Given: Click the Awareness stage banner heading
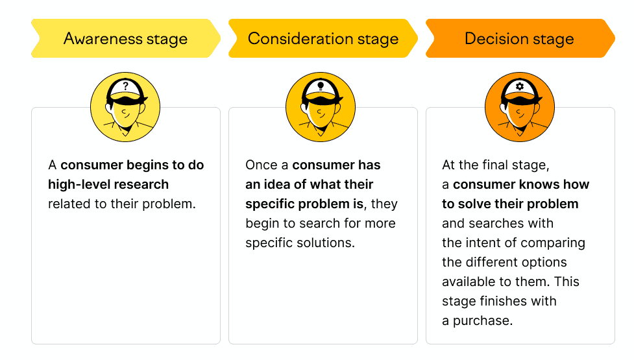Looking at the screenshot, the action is click(x=125, y=39).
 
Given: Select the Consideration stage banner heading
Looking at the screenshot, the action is click(x=323, y=39).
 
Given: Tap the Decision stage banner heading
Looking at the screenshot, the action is click(x=519, y=39).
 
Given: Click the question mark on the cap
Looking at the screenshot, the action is click(x=126, y=86).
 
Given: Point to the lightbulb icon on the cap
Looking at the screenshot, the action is click(x=321, y=86).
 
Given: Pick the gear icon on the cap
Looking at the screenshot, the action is click(x=520, y=86).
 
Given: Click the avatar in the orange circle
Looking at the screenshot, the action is click(x=520, y=107).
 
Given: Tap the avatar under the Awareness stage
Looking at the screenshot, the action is click(x=125, y=107).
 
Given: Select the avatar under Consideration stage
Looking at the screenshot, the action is click(x=321, y=107).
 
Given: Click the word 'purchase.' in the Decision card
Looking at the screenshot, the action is click(x=483, y=321).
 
